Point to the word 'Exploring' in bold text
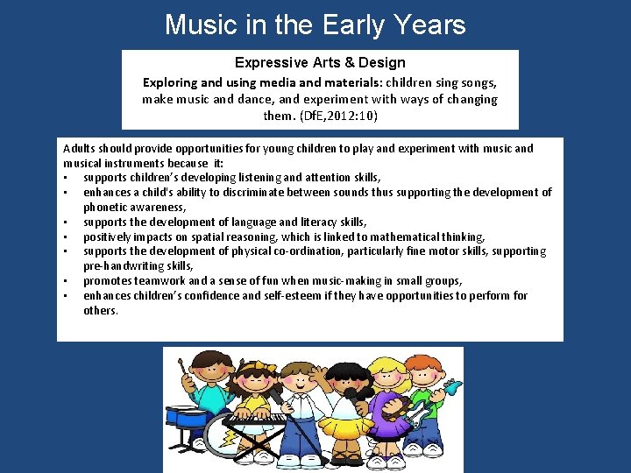pyautogui.click(x=171, y=82)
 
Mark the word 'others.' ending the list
pyautogui.click(x=101, y=310)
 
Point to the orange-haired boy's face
pyautogui.click(x=429, y=378)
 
